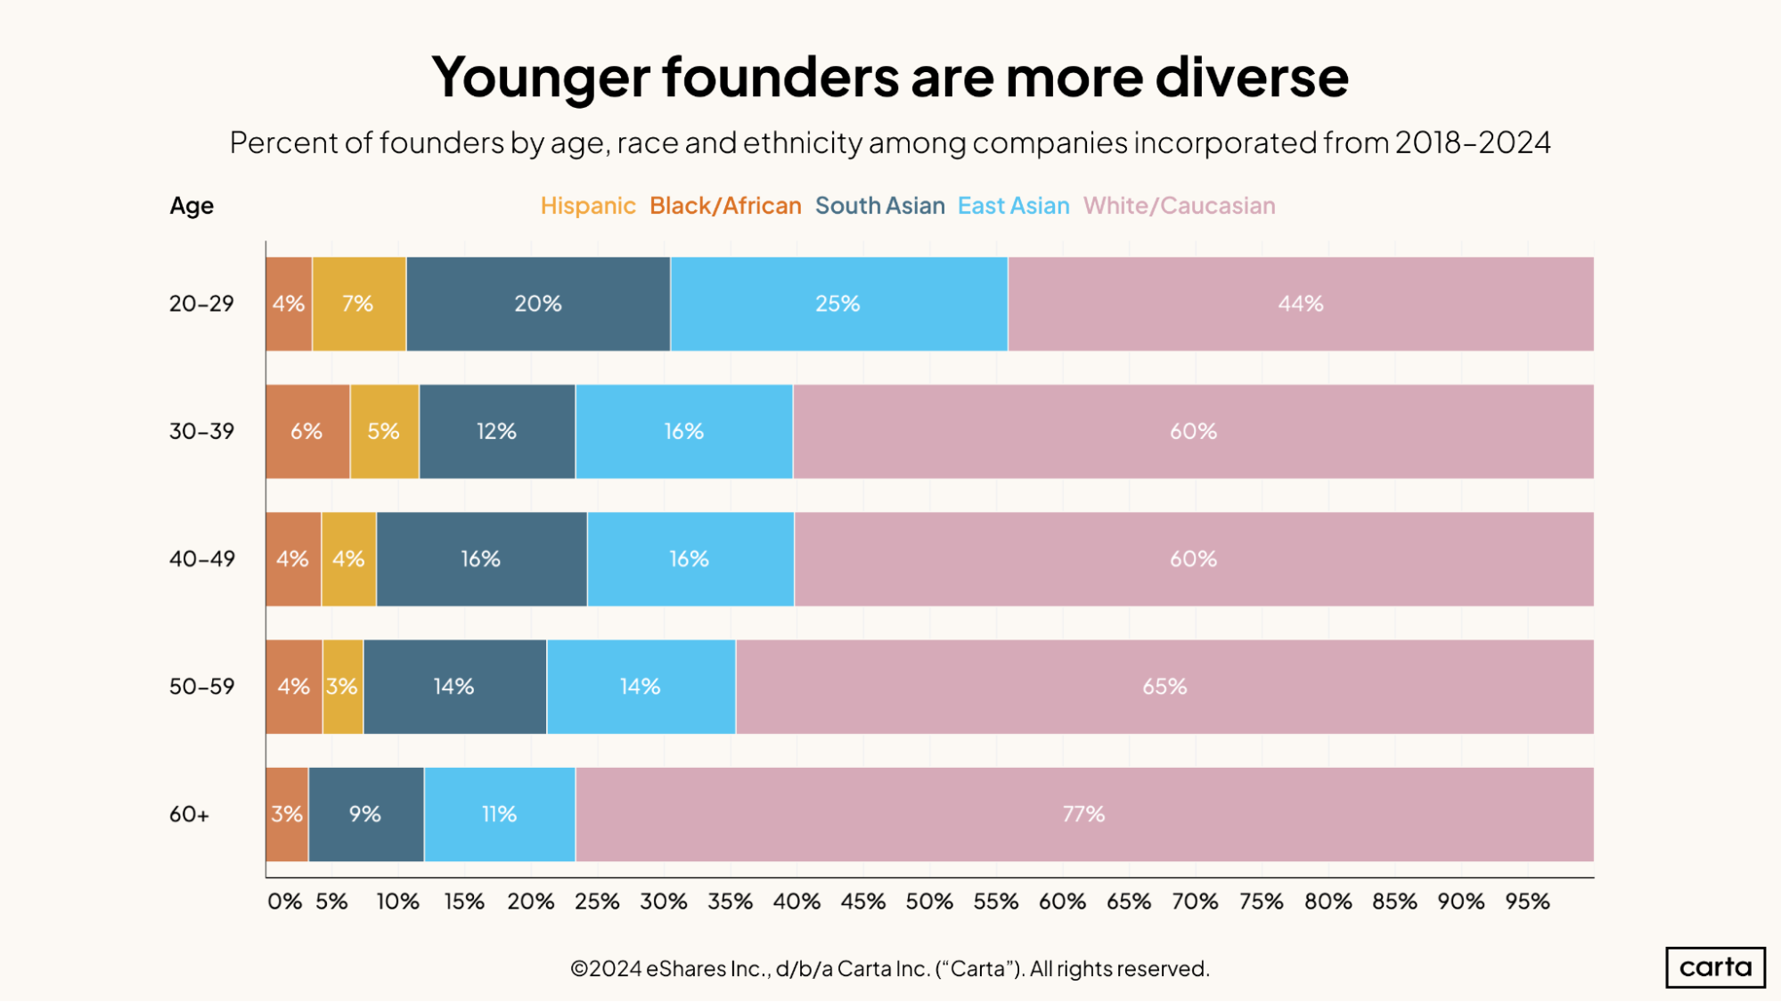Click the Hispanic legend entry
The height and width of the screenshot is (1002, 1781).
[x=588, y=206]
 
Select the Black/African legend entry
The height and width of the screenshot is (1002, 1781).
[x=725, y=206]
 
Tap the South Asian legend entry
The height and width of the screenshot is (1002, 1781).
[x=879, y=206]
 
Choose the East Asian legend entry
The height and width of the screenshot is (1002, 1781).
[x=1013, y=206]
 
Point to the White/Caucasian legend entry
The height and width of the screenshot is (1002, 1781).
[x=1179, y=206]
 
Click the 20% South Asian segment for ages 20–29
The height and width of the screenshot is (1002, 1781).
[x=538, y=304]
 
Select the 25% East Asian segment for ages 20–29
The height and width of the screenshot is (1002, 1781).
[x=838, y=304]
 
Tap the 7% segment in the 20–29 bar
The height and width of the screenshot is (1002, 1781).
[x=358, y=304]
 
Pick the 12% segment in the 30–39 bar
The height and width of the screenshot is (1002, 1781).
[x=496, y=431]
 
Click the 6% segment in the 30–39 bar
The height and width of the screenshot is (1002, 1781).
[x=306, y=431]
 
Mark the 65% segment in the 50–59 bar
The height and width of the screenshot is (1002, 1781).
[x=1164, y=687]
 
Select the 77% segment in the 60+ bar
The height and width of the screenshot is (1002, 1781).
[x=1083, y=814]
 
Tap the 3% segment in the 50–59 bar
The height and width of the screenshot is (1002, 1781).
[x=342, y=687]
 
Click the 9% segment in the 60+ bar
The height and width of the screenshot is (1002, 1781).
[x=365, y=814]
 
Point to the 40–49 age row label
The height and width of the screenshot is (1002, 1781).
[x=202, y=559]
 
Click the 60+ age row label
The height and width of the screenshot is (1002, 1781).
[x=189, y=814]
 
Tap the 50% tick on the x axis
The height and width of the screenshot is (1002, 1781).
[x=929, y=901]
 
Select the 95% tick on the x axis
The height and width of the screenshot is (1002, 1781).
[x=1527, y=901]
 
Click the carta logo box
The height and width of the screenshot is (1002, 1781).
[x=1715, y=967]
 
